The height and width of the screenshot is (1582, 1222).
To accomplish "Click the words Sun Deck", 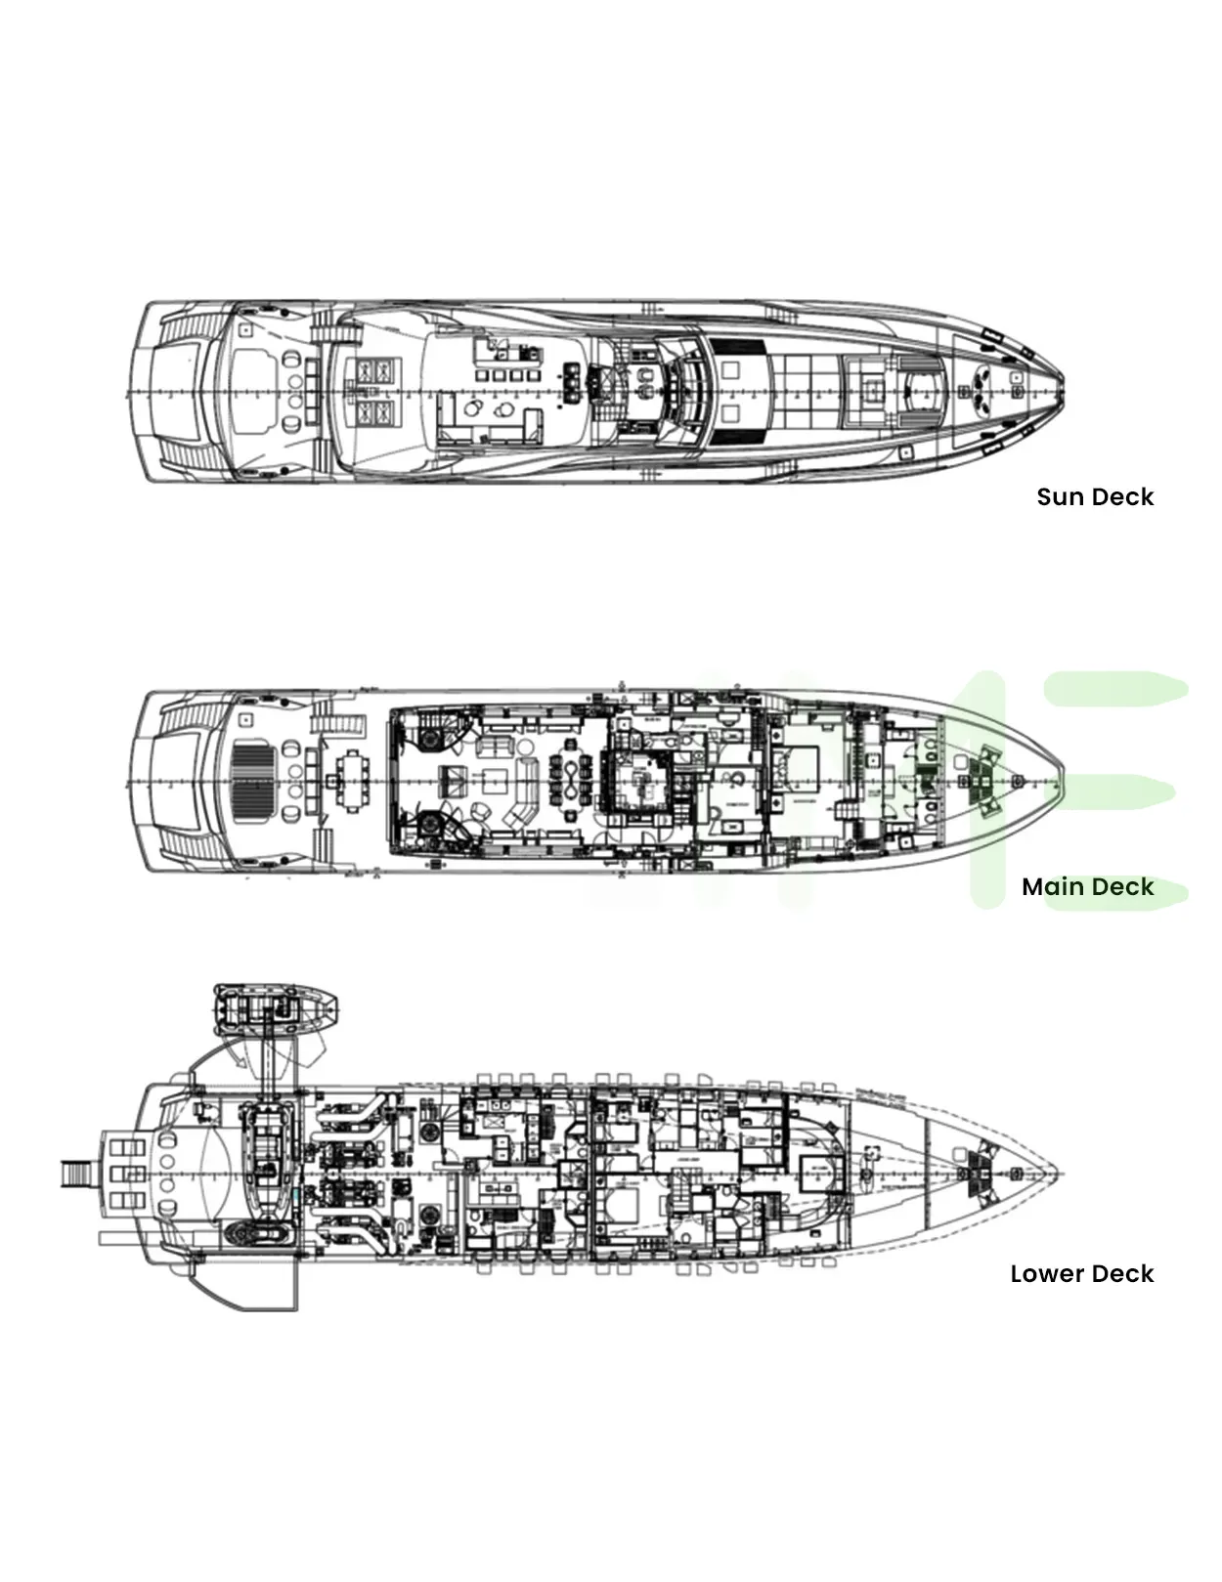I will point(1095,496).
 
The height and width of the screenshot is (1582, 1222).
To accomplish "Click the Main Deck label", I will point(1087,886).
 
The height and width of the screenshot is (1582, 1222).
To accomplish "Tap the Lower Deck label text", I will point(1081,1273).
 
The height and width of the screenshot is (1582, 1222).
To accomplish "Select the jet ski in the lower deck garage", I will point(256,1233).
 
